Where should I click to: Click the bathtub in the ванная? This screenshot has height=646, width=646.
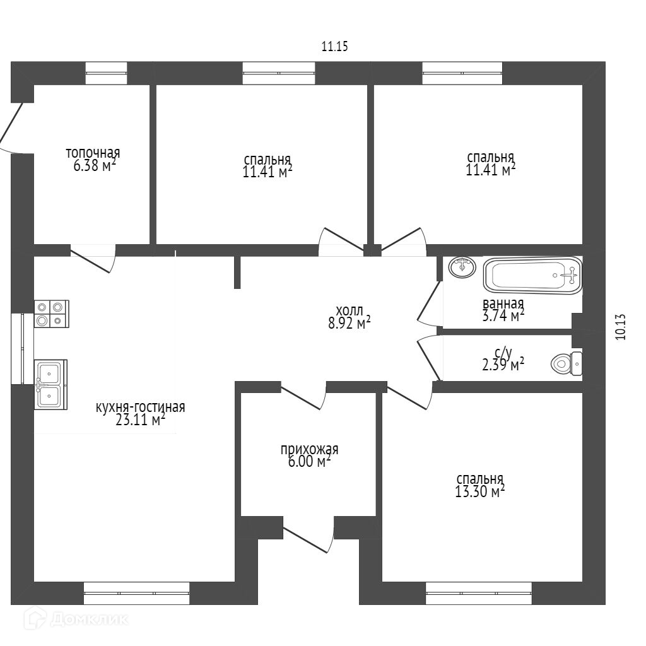click(x=532, y=275)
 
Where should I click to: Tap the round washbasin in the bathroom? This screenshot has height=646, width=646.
click(x=462, y=267)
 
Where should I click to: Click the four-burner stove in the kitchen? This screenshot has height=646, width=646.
click(x=50, y=313)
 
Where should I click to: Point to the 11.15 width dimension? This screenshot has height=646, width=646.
click(x=335, y=46)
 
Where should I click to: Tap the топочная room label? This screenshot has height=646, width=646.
click(x=93, y=153)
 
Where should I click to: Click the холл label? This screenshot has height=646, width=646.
click(x=349, y=310)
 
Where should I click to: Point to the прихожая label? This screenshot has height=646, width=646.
click(x=309, y=449)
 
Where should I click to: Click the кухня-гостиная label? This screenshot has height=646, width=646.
click(x=140, y=407)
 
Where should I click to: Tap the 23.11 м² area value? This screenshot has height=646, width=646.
click(x=140, y=420)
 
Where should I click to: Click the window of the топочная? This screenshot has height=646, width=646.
click(x=106, y=73)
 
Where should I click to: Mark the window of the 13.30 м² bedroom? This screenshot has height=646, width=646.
click(x=478, y=593)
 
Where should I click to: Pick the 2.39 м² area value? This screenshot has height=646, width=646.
click(x=501, y=365)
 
